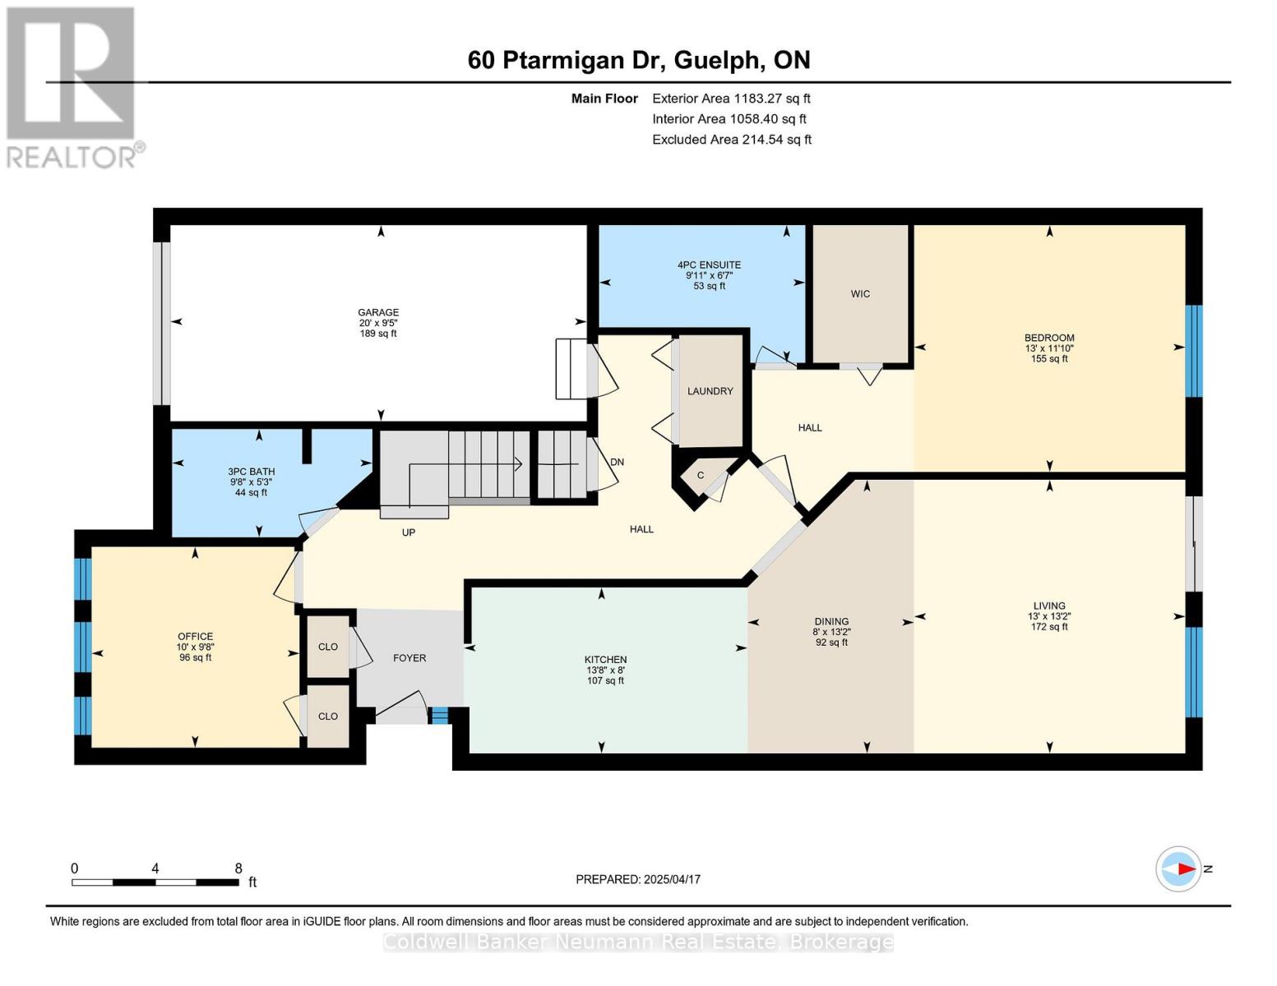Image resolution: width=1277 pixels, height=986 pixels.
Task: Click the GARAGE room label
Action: [378, 313]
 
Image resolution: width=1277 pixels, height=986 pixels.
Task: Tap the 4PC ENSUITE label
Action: [709, 265]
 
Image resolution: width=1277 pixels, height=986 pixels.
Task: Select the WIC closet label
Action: [860, 294]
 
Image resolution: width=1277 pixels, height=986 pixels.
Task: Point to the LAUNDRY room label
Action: [710, 391]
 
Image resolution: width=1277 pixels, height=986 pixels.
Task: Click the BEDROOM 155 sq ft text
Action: [1049, 358]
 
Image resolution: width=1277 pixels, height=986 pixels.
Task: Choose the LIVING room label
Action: [1049, 606]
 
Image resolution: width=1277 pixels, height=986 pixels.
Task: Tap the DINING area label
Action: [831, 622]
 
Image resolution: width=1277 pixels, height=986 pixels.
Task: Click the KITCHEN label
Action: [605, 660]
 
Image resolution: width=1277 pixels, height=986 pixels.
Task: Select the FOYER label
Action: [409, 658]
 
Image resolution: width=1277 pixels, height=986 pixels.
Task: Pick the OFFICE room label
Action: [195, 637]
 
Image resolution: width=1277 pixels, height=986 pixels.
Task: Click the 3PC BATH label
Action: [252, 472]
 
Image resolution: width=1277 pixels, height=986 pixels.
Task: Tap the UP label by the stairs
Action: [409, 532]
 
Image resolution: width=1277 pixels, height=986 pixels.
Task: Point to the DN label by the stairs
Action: [617, 463]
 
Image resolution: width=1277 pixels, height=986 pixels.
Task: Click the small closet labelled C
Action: [701, 476]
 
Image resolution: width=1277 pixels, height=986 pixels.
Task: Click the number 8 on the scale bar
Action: [238, 869]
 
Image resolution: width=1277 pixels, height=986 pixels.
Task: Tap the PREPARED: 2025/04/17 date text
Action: [638, 879]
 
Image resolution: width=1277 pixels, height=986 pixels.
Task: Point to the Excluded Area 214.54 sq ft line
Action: [731, 140]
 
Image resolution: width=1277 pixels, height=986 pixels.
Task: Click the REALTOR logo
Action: [72, 86]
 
